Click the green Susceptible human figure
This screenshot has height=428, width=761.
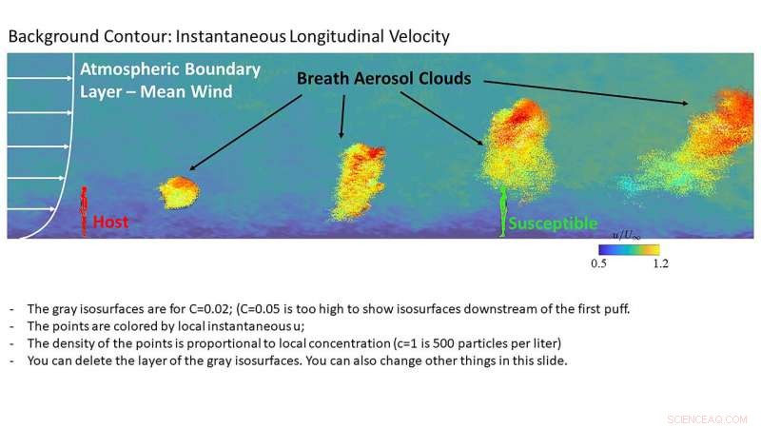[503, 209]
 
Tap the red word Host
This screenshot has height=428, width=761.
[110, 222]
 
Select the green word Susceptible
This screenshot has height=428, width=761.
[553, 224]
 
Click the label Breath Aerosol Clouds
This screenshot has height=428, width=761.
[383, 79]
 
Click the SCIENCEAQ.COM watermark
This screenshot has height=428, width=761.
[706, 418]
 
